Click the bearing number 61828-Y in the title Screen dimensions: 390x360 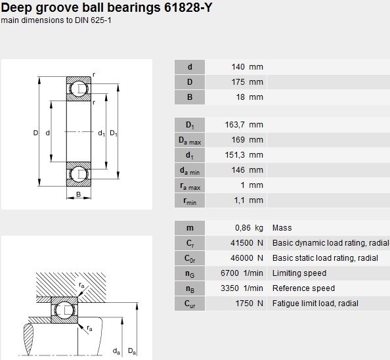pos(188,7)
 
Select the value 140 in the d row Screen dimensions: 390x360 pos(238,67)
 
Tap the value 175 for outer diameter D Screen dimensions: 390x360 pos(238,82)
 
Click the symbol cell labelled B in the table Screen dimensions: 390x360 pos(190,97)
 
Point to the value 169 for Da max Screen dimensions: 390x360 pos(238,140)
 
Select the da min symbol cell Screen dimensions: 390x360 pos(190,170)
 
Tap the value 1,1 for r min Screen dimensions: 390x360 pos(239,200)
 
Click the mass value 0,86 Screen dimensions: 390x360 pos(243,228)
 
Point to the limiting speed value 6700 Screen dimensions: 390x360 pos(230,273)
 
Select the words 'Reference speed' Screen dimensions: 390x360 pos(303,288)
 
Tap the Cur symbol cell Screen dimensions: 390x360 pos(190,304)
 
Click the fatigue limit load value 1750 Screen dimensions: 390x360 pos(244,304)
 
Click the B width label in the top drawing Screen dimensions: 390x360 pos(78,194)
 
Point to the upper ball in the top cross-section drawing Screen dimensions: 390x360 pos(79,89)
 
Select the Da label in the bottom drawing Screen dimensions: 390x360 pos(132,351)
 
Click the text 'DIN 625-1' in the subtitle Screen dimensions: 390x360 pos(93,20)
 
